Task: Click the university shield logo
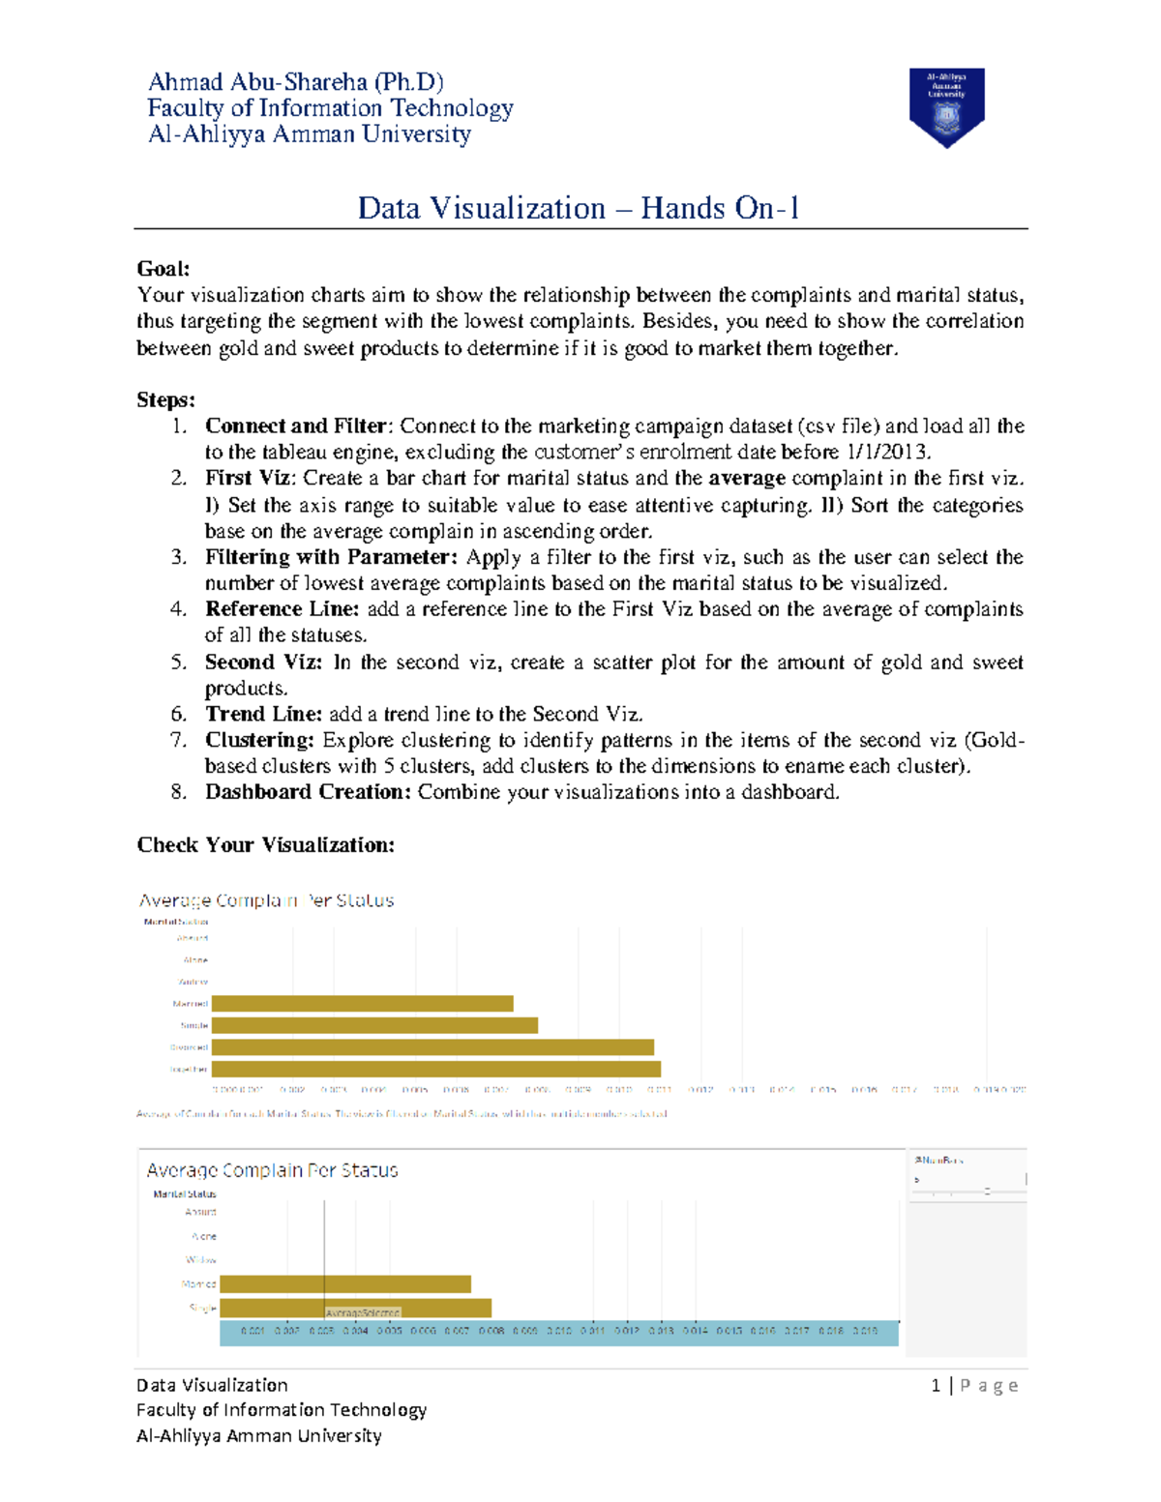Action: coord(946,106)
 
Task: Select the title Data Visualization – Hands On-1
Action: coord(579,208)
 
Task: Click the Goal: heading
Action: coord(164,269)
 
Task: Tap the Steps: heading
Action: coord(165,400)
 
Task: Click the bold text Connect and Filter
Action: coord(295,427)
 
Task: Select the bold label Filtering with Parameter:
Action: coord(331,557)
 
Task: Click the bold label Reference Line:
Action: coord(282,609)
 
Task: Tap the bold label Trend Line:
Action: coord(263,715)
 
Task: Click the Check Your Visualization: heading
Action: coord(265,845)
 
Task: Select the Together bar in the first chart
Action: coord(435,1069)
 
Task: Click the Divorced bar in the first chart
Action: coord(432,1047)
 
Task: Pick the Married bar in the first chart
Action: coord(362,1004)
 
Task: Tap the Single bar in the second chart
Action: coord(355,1308)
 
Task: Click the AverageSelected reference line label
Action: coord(362,1313)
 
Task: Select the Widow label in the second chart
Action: coord(201,1260)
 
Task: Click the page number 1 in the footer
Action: coord(936,1386)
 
